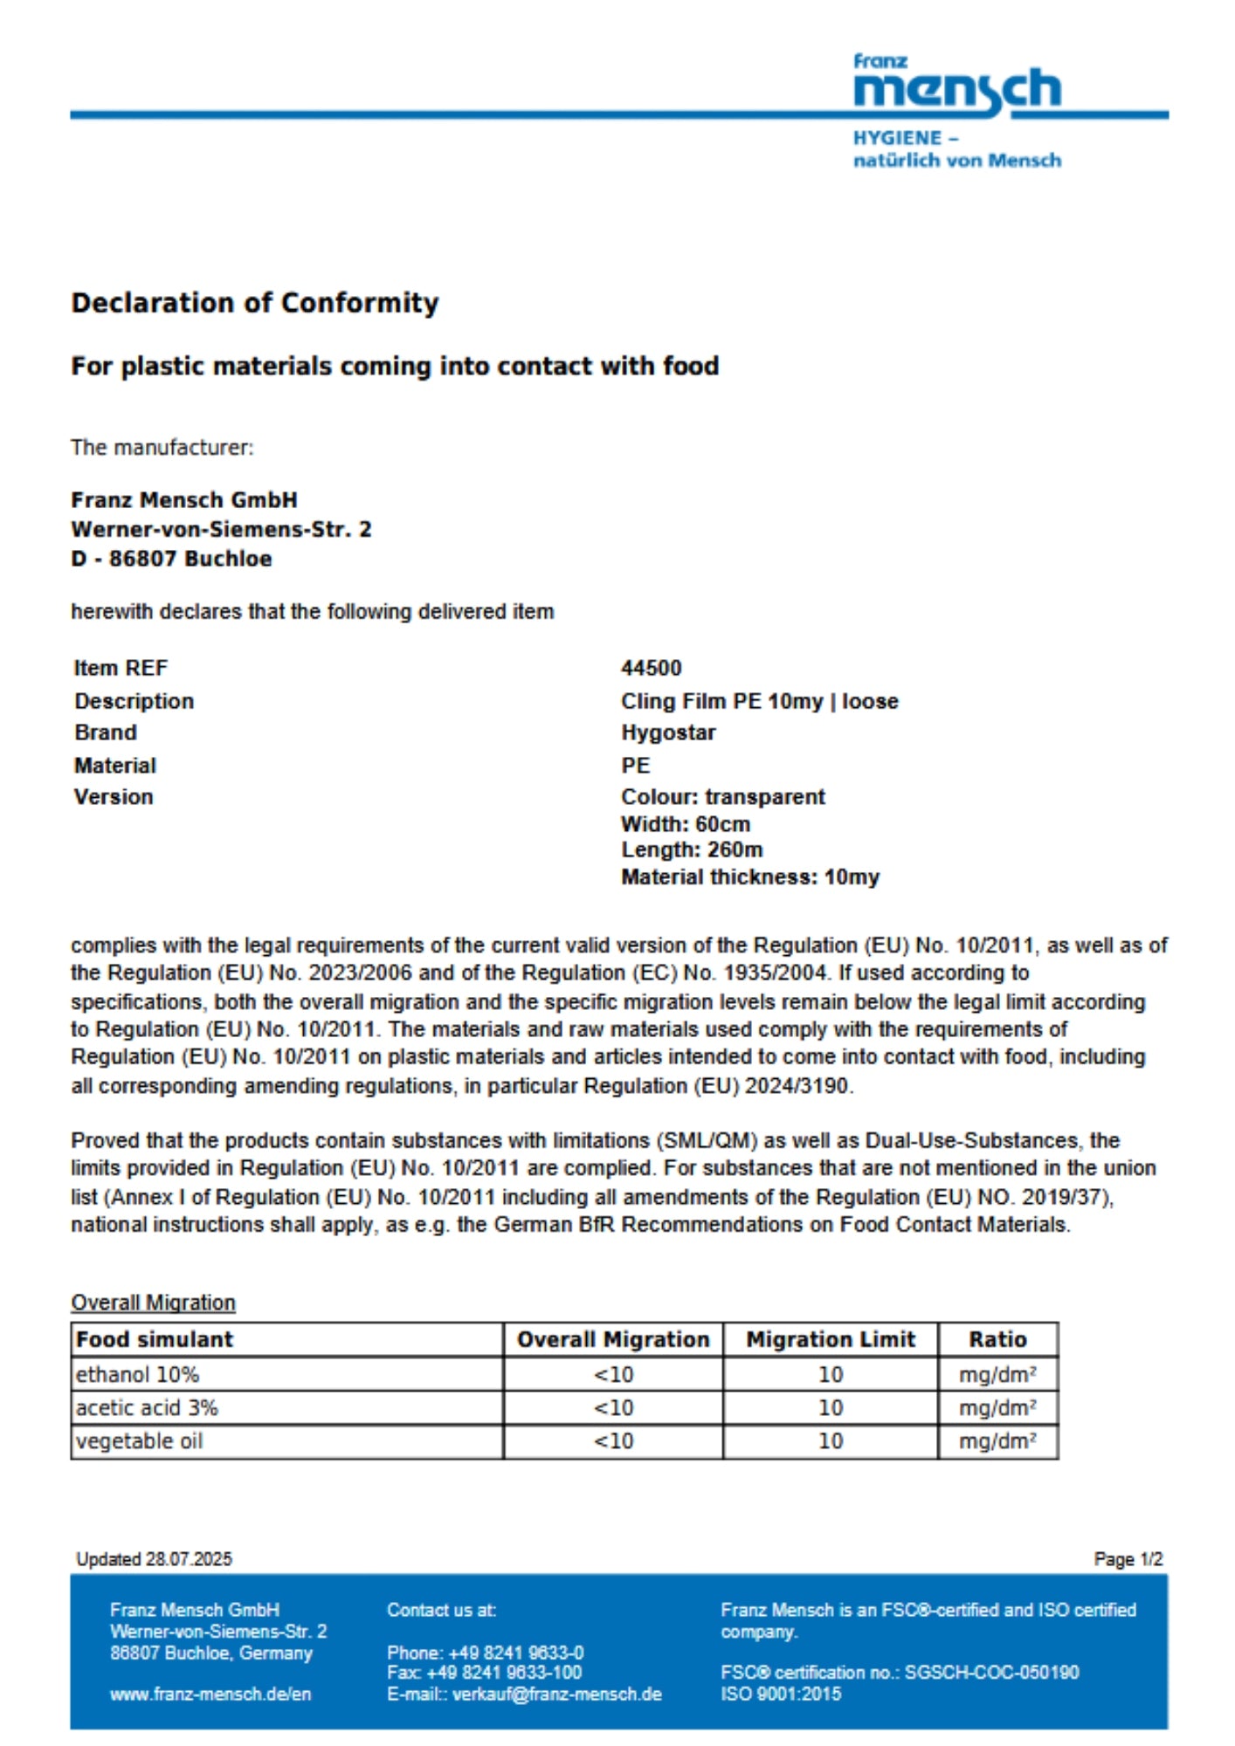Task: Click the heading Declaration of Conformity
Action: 254,303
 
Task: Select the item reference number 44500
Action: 651,668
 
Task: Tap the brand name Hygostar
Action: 668,732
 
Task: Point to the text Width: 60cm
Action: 685,823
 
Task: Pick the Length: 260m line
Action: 691,849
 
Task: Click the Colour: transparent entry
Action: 722,796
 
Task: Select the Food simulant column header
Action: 155,1339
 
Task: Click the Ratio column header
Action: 997,1339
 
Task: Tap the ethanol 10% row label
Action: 137,1374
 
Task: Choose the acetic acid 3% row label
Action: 147,1407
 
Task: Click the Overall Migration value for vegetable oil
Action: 613,1440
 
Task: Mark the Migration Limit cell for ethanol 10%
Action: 830,1374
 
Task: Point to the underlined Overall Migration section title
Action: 153,1303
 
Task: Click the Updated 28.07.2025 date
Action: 155,1559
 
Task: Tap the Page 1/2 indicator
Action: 1128,1559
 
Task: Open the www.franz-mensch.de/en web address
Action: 210,1694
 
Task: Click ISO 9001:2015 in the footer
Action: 781,1694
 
